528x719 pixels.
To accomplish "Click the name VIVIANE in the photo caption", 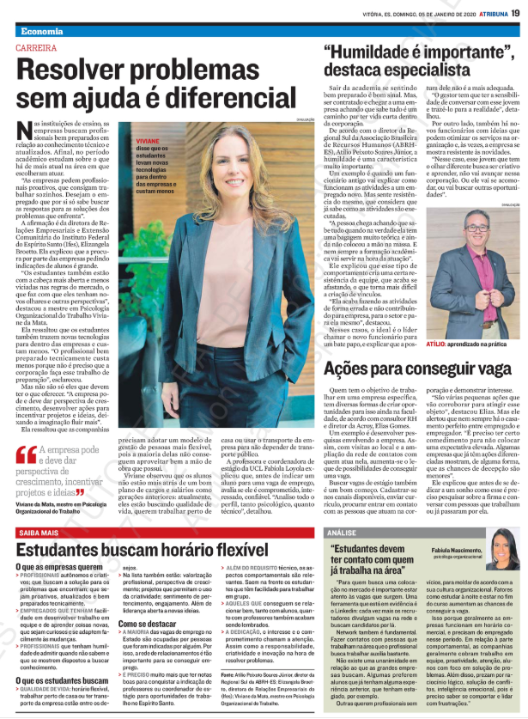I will click(151, 140).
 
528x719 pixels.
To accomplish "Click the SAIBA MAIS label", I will click(38, 533).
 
